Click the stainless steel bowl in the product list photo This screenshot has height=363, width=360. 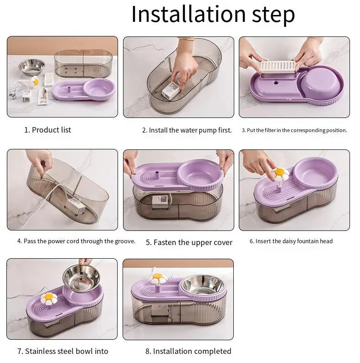[31, 67]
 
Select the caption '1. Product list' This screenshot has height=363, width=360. [47, 130]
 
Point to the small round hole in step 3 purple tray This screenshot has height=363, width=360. [276, 82]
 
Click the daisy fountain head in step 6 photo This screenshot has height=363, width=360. [280, 174]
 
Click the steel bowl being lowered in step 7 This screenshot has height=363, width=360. [81, 278]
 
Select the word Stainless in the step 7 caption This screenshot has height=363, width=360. [40, 351]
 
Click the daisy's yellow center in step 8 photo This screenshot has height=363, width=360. [158, 276]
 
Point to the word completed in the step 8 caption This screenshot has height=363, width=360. [211, 352]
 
